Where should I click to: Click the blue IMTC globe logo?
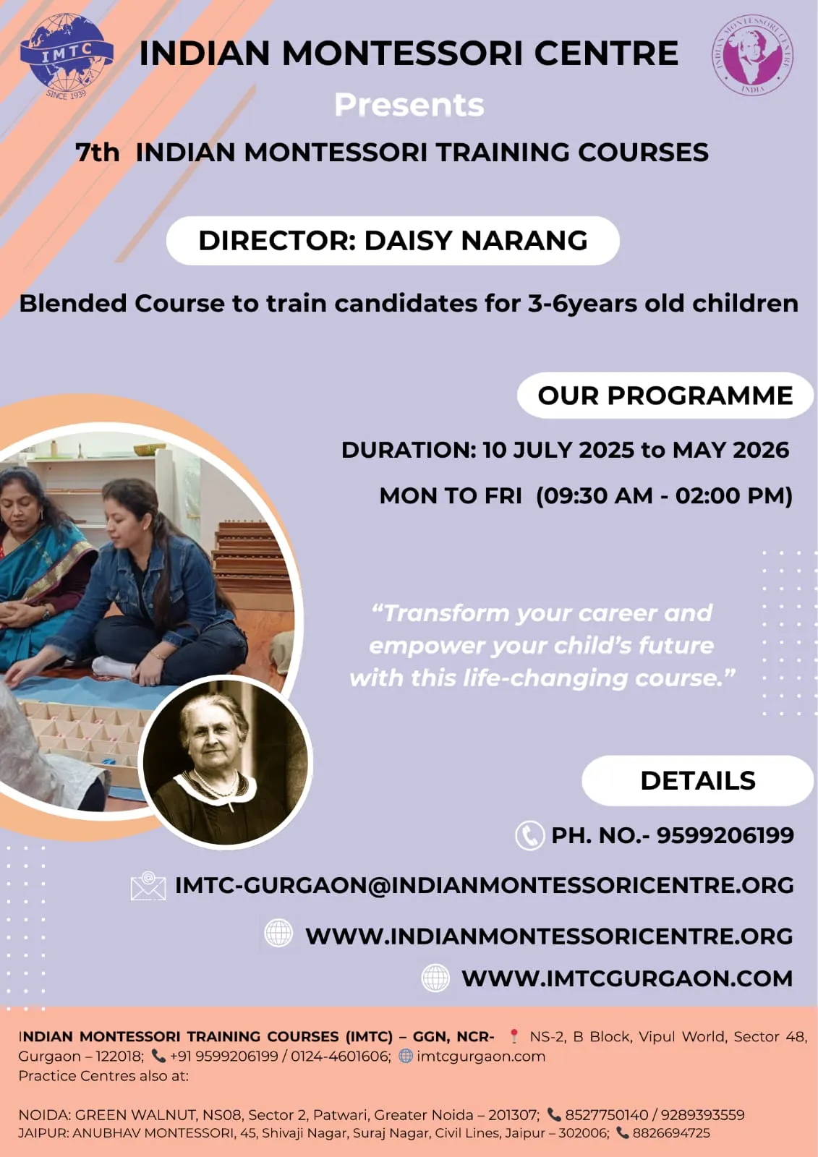(67, 55)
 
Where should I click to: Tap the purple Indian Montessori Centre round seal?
(752, 55)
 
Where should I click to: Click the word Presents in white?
(409, 105)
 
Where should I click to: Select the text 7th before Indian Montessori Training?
(97, 153)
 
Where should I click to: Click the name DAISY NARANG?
(476, 241)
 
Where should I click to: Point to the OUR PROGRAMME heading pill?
(665, 396)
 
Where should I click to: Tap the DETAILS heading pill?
(698, 780)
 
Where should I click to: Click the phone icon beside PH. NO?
(529, 835)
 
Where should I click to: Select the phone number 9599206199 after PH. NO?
(725, 835)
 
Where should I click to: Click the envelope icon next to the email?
(148, 886)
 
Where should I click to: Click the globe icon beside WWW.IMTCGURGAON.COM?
(435, 978)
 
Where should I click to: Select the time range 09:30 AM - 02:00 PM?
(664, 496)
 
